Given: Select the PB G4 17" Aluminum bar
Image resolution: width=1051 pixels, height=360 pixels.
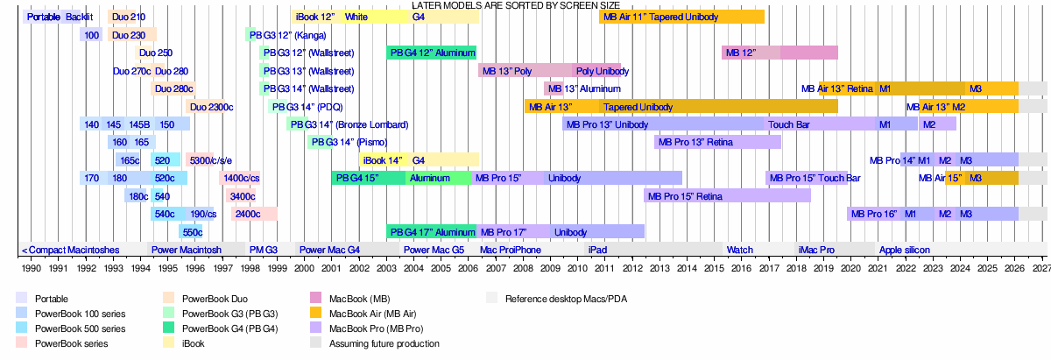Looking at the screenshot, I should (431, 232).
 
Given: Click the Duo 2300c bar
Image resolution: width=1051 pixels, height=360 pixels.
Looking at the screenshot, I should (210, 107).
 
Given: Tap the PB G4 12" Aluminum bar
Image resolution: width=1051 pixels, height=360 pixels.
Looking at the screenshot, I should (431, 53).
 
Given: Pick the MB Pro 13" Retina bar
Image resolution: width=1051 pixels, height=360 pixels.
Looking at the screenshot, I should (717, 142).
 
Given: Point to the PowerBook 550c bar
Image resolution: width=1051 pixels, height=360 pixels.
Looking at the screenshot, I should (191, 232).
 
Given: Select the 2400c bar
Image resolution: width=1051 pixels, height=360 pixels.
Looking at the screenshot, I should (254, 214).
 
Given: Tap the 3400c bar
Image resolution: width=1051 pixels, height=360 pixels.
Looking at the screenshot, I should (241, 196).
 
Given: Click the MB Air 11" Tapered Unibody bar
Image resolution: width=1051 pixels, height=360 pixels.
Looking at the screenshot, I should (681, 17).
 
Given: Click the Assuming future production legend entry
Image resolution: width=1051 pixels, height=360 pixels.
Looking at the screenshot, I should (384, 343).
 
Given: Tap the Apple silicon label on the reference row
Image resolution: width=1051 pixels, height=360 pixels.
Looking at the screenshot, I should (904, 250).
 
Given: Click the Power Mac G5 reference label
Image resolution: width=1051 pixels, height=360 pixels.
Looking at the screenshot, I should (434, 250).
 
